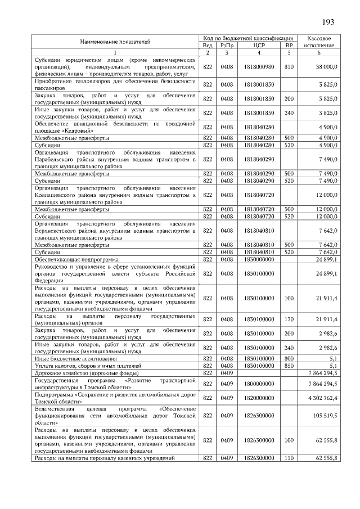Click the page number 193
coord(328,22)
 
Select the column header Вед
coord(207,44)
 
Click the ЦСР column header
coord(259,44)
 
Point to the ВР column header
coord(289,44)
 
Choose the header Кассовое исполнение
coord(319,40)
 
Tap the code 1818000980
coord(259,67)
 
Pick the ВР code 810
coord(289,67)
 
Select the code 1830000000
coord(259,259)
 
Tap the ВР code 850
coord(289,366)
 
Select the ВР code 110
coord(289,458)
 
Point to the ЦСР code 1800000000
coord(259,384)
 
